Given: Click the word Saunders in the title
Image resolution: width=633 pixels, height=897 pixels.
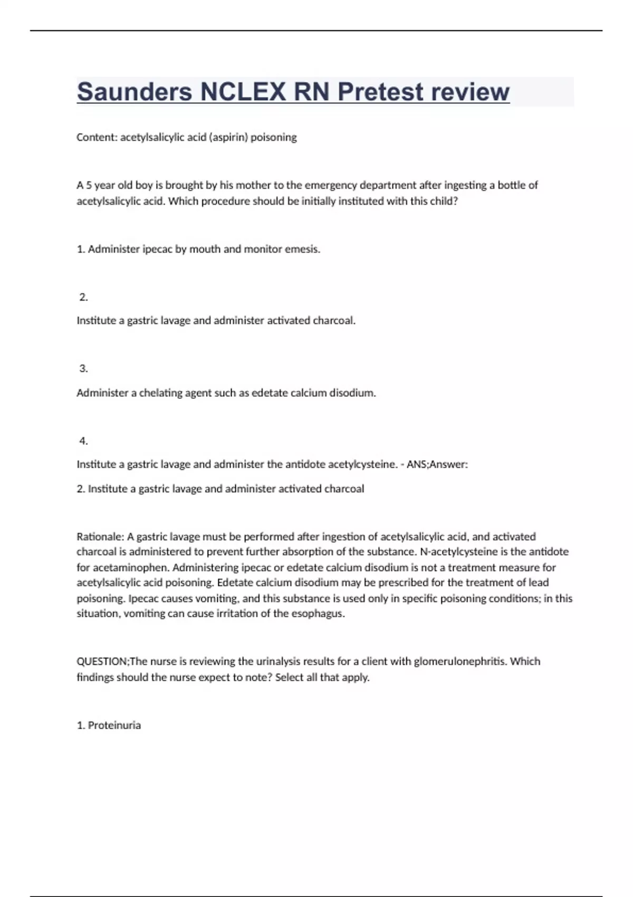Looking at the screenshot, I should [x=135, y=92].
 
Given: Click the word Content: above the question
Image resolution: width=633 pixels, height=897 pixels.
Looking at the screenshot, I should [x=97, y=137].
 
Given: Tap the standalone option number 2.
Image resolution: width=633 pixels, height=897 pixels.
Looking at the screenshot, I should [x=83, y=297].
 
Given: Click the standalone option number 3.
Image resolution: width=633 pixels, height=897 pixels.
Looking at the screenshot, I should [x=83, y=369].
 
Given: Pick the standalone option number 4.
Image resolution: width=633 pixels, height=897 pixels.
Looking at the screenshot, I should [x=83, y=441].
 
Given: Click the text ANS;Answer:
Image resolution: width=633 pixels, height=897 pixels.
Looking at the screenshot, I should [x=437, y=464].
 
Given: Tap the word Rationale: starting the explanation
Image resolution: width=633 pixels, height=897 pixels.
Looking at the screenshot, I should [x=100, y=537].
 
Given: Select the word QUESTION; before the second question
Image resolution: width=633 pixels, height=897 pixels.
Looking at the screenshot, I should [x=103, y=662].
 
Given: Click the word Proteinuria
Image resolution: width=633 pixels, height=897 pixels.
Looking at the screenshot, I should [x=114, y=726].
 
